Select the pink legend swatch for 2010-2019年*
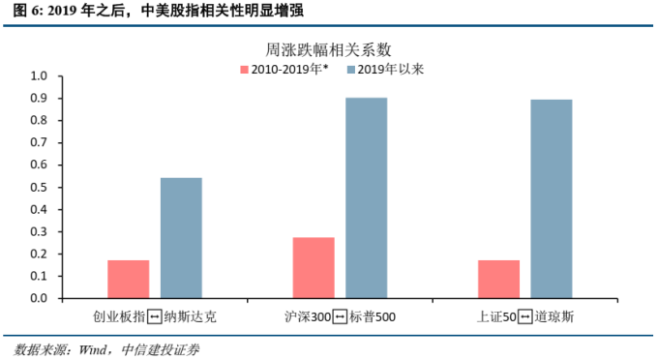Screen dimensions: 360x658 coord(244,69)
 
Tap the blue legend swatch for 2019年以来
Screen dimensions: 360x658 coord(350,69)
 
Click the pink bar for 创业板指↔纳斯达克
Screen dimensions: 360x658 coord(129,279)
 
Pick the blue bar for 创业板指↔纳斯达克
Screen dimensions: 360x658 coord(181,238)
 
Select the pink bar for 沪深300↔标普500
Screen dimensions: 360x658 coord(313,268)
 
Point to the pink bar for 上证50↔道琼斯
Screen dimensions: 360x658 coord(498,279)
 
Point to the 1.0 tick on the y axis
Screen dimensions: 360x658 coord(39,75)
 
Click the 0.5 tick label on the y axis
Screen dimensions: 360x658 coord(39,187)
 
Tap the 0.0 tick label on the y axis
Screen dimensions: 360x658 coord(39,298)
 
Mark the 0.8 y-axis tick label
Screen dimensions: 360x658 coord(39,120)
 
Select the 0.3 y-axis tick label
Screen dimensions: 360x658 coord(39,231)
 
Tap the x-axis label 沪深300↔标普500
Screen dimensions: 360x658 coord(340,316)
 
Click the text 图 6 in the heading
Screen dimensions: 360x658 coord(22,11)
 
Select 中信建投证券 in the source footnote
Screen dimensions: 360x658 coord(171,349)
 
